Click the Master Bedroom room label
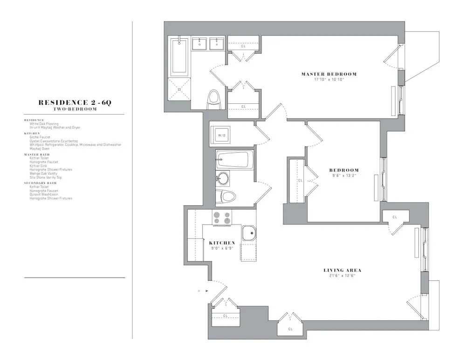click(329, 74)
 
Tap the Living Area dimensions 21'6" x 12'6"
click(343, 276)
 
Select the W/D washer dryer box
click(222, 135)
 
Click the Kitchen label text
click(222, 243)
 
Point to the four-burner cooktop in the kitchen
click(222, 217)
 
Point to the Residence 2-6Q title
click(75, 103)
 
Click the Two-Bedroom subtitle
click(75, 109)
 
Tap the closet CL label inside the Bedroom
click(300, 181)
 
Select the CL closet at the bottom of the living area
click(290, 329)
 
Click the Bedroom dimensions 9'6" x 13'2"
click(344, 176)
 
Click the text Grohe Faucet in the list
click(40, 137)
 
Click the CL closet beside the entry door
click(225, 315)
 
